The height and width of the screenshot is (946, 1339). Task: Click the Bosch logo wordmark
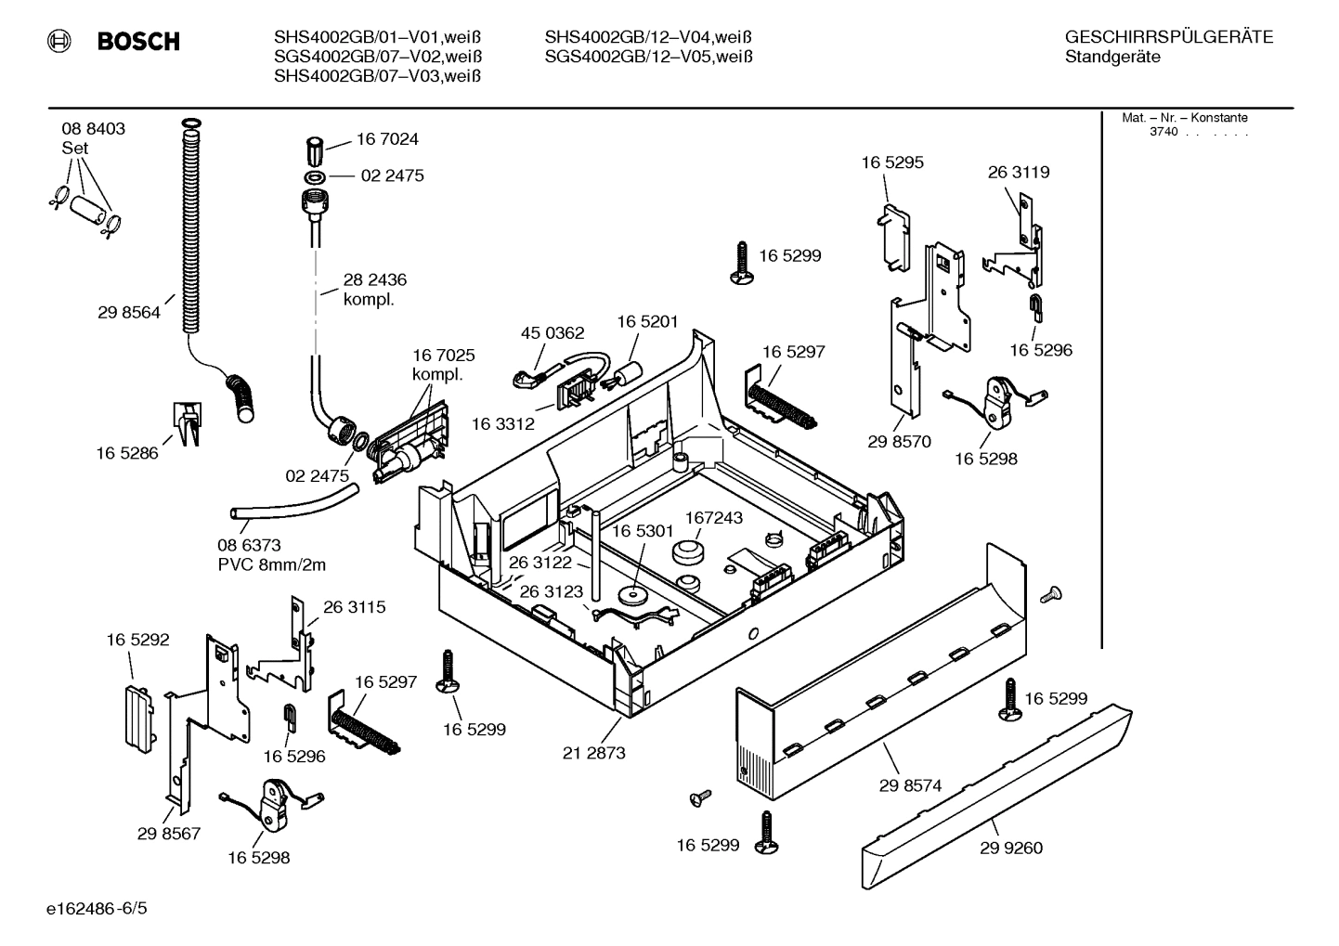pos(137,41)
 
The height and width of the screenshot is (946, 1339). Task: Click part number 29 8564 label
pos(128,313)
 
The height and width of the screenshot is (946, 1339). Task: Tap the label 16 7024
pos(387,139)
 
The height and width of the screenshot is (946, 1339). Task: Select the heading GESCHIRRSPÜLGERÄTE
pos(1168,38)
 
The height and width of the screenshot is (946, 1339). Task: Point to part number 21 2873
pos(593,753)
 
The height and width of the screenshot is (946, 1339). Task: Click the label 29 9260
pos(1010,848)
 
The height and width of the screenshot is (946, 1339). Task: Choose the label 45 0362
pos(552,333)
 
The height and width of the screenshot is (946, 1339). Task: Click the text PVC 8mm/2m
pos(271,564)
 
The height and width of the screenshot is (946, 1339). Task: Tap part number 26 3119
pos(1018,172)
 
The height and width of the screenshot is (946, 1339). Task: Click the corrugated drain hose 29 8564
pos(190,232)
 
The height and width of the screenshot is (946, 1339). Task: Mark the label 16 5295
pos(891,162)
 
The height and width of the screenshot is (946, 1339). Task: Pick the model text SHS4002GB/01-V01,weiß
pos(377,38)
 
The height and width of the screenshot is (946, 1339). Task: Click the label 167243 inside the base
pos(713,518)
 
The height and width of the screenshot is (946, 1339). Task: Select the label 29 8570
pos(899,442)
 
